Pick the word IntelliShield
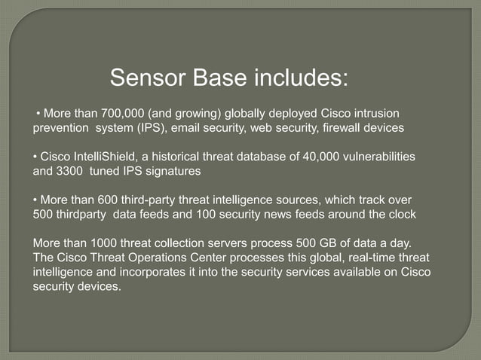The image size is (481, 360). [105, 156]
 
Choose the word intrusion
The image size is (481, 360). [373, 113]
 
